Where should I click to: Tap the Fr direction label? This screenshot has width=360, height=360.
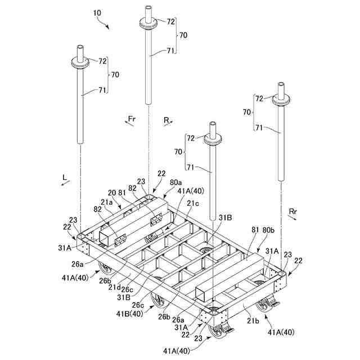tap(132, 119)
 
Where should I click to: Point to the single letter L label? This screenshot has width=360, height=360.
tap(65, 178)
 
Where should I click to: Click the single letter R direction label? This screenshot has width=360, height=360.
tap(166, 119)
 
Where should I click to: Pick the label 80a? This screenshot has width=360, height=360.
tap(175, 182)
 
